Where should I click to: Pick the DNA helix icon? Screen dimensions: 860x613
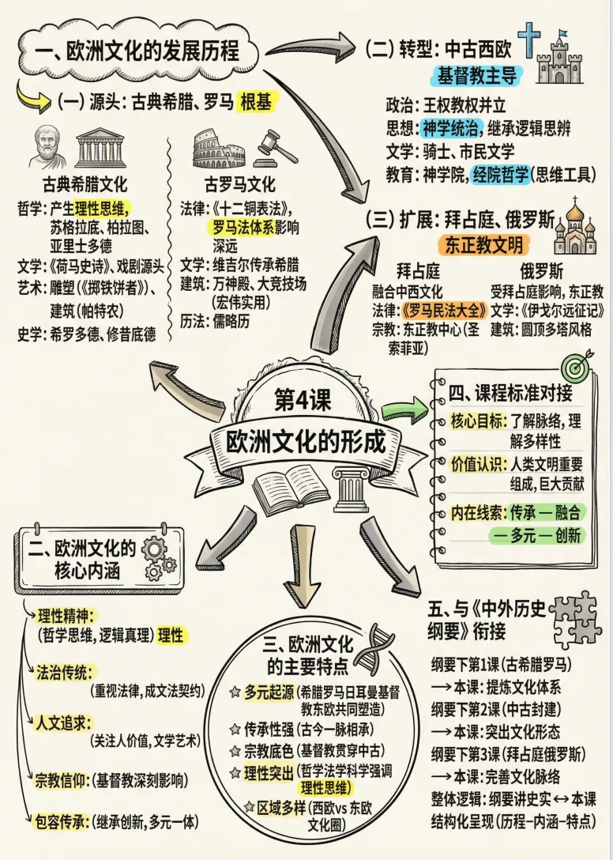click(x=374, y=648)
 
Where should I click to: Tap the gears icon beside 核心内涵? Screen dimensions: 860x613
click(x=159, y=556)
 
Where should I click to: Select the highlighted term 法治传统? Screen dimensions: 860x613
click(x=64, y=671)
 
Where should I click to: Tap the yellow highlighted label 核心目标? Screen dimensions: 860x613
click(x=478, y=421)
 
